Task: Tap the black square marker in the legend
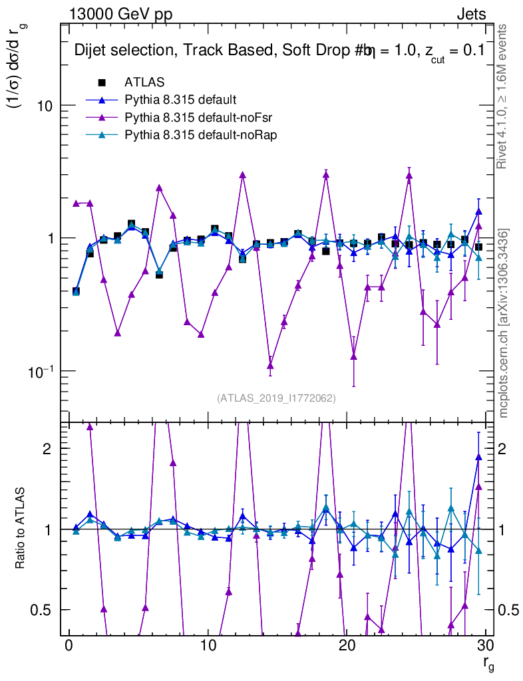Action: [102, 82]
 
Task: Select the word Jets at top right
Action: [470, 15]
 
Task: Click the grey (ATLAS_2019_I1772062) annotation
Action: [276, 398]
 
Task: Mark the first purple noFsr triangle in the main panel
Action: [76, 204]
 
